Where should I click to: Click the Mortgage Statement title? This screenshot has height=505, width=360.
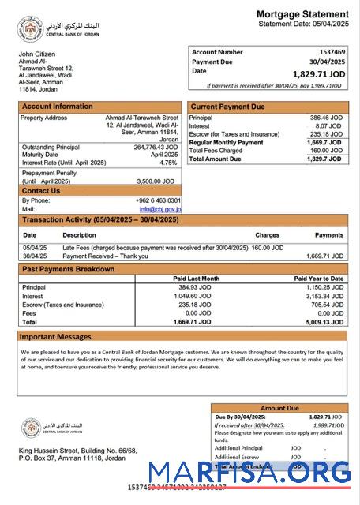pyautogui.click(x=302, y=14)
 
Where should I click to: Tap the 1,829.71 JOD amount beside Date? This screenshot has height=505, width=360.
pyautogui.click(x=318, y=73)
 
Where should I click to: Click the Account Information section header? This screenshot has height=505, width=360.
pyautogui.click(x=57, y=107)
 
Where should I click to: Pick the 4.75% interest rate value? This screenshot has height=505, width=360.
pyautogui.click(x=168, y=163)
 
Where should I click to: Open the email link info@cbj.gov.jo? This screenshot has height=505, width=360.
pyautogui.click(x=160, y=209)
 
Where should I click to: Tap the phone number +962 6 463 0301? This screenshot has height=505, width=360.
pyautogui.click(x=158, y=200)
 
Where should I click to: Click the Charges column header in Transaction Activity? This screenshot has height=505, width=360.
pyautogui.click(x=267, y=235)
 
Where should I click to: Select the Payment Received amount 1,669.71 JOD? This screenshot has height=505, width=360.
pyautogui.click(x=324, y=256)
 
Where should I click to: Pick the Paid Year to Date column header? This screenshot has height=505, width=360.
pyautogui.click(x=318, y=279)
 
